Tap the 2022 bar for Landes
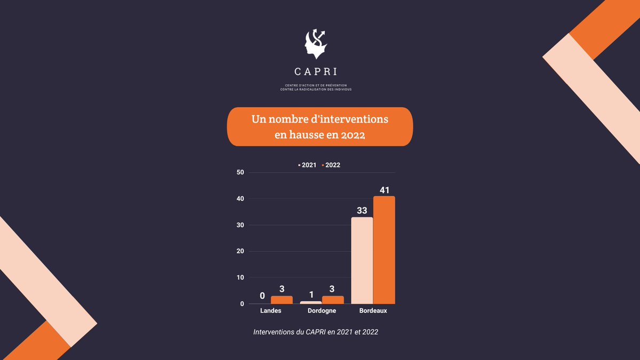(282, 300)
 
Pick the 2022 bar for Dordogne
(333, 300)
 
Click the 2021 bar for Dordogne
(311, 302)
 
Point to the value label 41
(385, 190)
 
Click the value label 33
(362, 211)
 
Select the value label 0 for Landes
(262, 295)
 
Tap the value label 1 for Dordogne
(310, 295)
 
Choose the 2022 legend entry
(331, 165)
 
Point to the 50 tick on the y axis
(239, 172)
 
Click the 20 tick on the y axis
(239, 251)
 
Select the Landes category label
(271, 310)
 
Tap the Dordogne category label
(322, 310)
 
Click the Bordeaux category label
(373, 310)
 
